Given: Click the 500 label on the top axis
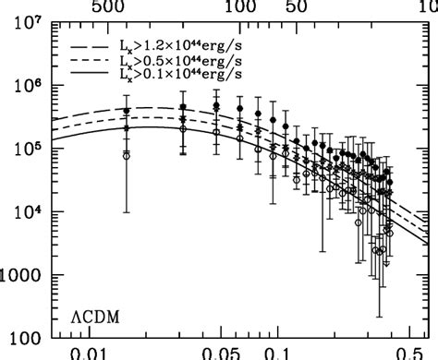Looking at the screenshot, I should (x=117, y=8).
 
